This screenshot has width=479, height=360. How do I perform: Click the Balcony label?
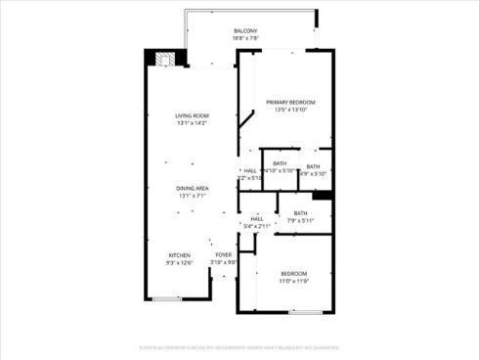[245, 31]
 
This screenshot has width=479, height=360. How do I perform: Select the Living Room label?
[193, 115]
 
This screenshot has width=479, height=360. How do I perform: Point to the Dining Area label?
[193, 188]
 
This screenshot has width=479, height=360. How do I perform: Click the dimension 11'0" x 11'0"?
[294, 282]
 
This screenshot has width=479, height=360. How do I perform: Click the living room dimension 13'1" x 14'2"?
[193, 124]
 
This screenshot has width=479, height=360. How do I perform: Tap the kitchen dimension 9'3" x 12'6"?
[179, 262]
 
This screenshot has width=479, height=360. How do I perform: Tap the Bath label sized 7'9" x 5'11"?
[300, 213]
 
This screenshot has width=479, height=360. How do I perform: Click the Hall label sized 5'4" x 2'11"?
[257, 218]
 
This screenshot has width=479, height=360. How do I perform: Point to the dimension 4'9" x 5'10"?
[313, 174]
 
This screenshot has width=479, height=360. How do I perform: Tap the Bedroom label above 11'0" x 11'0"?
[294, 273]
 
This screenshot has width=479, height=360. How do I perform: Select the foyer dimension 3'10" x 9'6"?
[224, 262]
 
